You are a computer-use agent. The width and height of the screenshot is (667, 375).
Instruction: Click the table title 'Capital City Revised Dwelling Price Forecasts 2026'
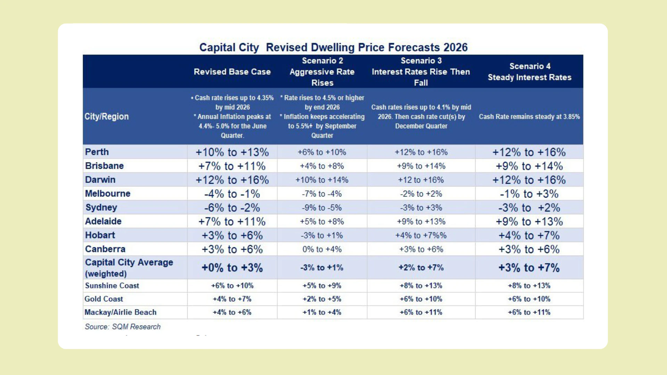333,47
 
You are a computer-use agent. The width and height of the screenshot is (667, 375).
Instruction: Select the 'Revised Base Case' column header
232,72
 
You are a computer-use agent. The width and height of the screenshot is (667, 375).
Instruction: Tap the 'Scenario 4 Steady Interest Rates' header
529,72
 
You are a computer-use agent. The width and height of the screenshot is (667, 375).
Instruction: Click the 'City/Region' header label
107,116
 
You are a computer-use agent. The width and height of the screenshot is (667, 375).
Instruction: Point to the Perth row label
97,152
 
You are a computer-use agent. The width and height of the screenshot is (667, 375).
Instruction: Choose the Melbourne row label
108,193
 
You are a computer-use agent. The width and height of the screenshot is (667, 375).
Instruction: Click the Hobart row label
100,235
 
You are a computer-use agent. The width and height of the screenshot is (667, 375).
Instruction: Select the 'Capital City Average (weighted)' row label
129,268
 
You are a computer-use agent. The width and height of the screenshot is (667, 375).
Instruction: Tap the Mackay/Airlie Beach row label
121,312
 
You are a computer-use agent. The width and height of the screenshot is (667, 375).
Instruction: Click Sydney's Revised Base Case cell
232,208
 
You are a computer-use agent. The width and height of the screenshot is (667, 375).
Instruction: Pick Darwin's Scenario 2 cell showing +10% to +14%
322,180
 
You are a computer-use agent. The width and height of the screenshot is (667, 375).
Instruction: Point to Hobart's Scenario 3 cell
421,235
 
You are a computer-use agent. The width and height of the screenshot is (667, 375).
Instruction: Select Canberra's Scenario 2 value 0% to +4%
322,249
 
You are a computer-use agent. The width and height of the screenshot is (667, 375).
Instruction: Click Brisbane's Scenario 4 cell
529,166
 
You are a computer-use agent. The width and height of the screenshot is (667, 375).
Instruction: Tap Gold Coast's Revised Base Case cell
232,299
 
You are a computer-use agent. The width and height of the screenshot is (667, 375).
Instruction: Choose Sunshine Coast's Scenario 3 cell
421,286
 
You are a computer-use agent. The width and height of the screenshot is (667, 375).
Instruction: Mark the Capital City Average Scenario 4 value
529,268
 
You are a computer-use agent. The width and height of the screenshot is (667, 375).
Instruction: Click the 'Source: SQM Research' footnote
123,327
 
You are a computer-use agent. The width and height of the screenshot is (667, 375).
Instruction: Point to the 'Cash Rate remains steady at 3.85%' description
529,117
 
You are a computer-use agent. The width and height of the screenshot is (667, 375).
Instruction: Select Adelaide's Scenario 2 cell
322,222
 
